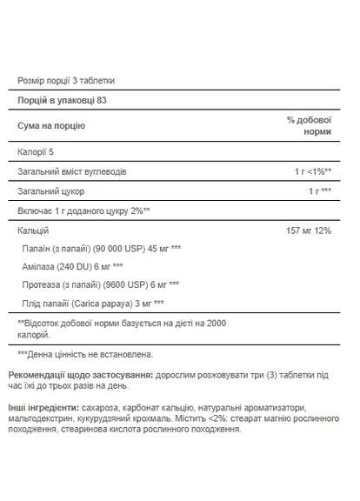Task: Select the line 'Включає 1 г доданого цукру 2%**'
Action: click(85, 210)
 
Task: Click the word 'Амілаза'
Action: click(42, 266)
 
